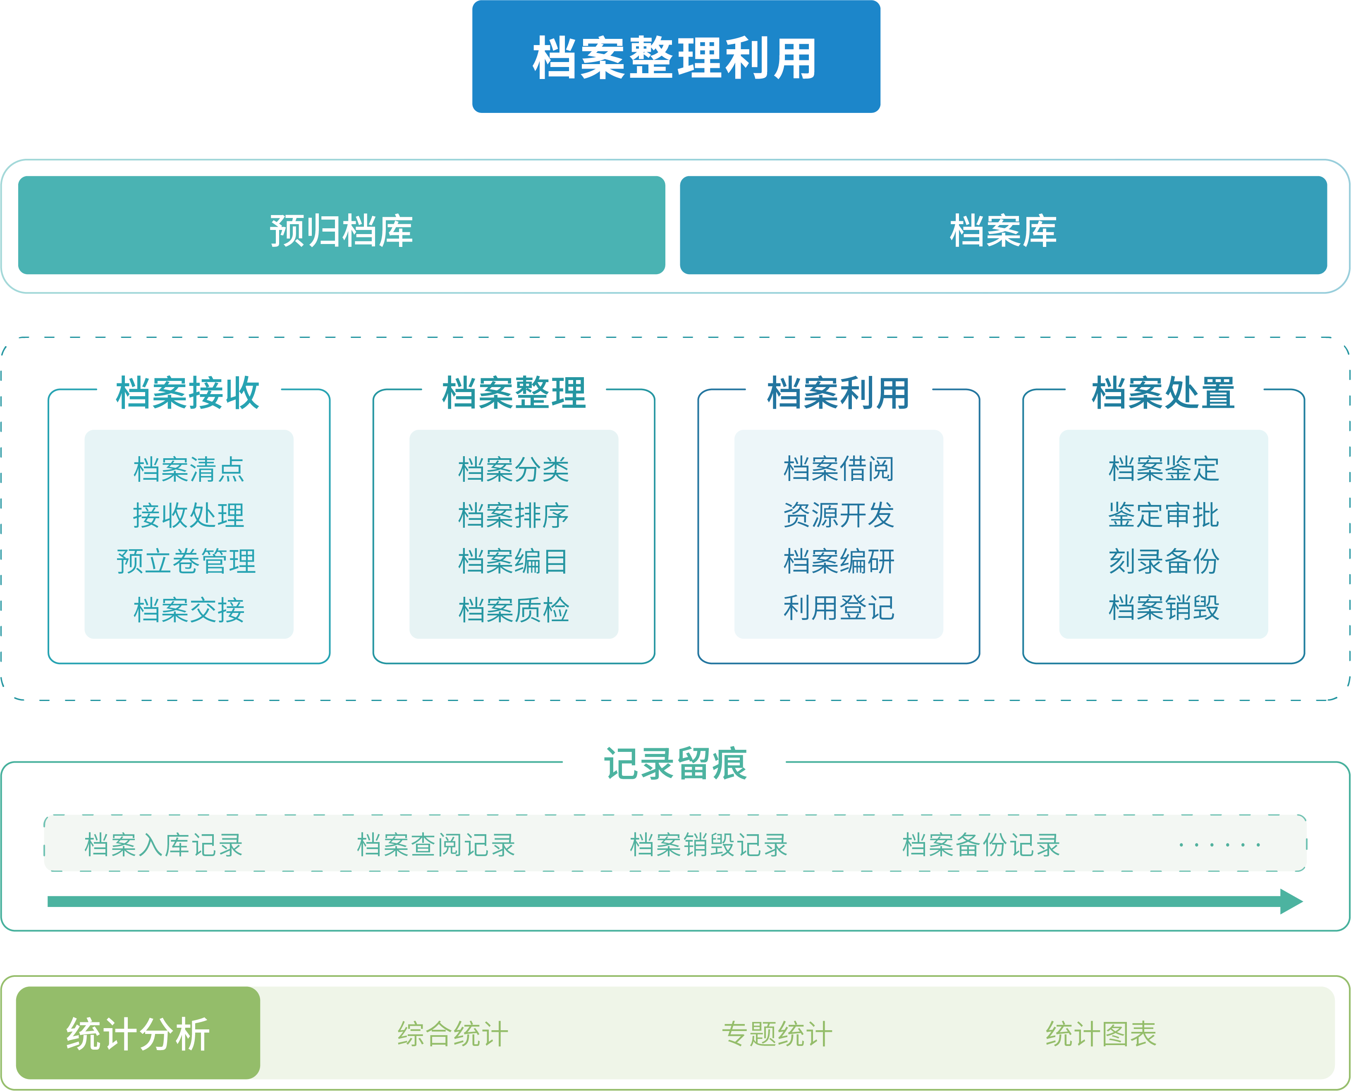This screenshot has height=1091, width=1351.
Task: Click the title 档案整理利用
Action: [x=676, y=58]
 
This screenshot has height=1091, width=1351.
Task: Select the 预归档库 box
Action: [x=341, y=230]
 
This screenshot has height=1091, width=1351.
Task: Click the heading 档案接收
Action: [x=188, y=393]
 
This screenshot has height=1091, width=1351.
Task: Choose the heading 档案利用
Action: [x=838, y=393]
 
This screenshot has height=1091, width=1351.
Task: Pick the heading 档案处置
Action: [x=1163, y=393]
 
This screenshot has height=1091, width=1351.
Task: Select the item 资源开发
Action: [x=838, y=515]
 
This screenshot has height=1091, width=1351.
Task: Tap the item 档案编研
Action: [x=838, y=561]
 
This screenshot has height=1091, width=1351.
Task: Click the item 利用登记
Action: [x=838, y=608]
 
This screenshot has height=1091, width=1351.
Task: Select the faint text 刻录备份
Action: [x=1163, y=561]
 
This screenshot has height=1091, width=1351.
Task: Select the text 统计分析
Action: [x=138, y=1034]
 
